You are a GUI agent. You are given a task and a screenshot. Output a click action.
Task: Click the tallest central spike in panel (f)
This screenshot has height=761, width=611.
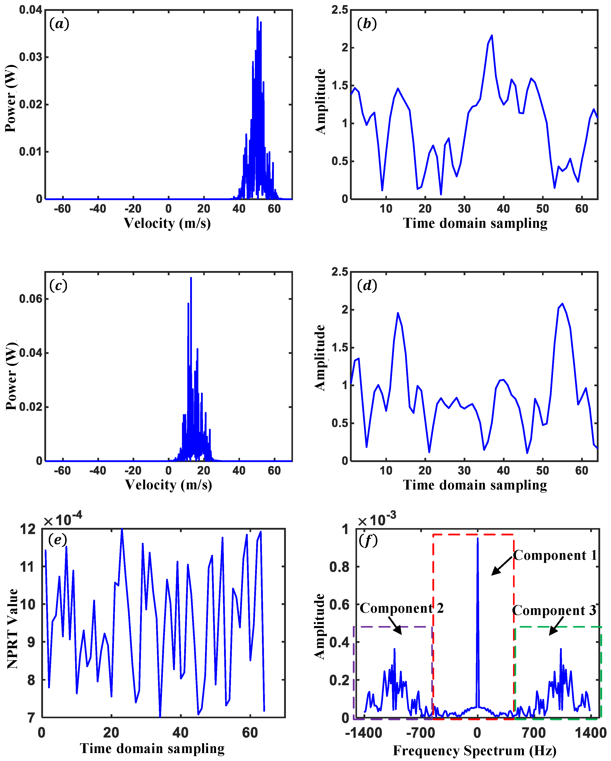click(x=478, y=540)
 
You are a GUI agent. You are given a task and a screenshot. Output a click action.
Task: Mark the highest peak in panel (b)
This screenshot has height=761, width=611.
click(x=491, y=36)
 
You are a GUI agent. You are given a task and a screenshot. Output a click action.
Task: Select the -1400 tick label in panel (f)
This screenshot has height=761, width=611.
click(x=364, y=733)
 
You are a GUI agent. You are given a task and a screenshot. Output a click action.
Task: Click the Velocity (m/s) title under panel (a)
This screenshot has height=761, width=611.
click(x=167, y=223)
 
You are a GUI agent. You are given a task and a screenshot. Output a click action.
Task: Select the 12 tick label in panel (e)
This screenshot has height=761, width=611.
click(x=28, y=529)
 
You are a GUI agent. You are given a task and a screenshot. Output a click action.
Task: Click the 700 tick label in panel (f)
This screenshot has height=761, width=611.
click(x=533, y=733)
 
